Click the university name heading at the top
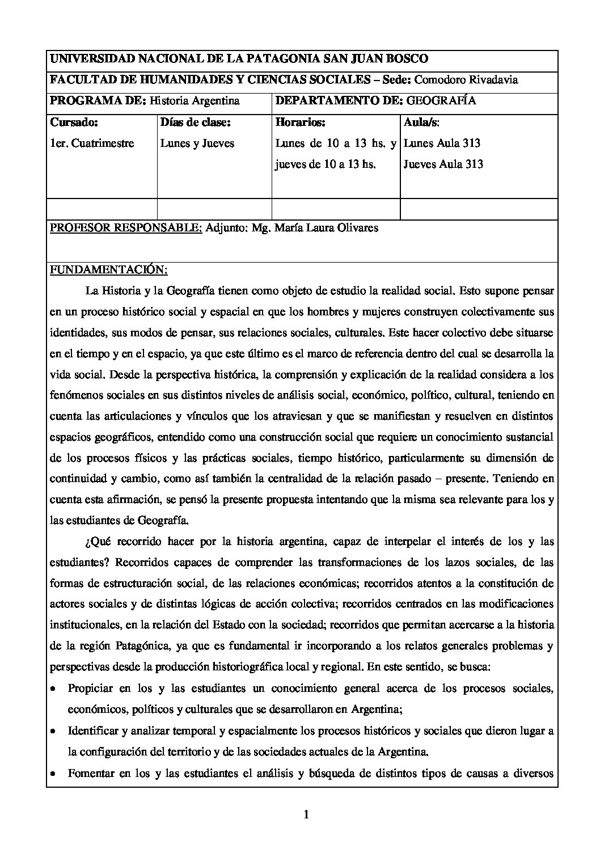[x=239, y=59]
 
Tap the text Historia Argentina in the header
[x=195, y=101]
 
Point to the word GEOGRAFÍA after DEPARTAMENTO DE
[x=442, y=101]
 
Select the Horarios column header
[x=301, y=122]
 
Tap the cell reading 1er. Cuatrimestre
[x=92, y=143]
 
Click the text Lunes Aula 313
[x=442, y=143]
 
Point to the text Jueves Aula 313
[x=443, y=164]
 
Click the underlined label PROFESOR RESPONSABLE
[x=126, y=228]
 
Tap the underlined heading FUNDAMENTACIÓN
[x=108, y=269]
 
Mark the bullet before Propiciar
[x=53, y=689]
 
